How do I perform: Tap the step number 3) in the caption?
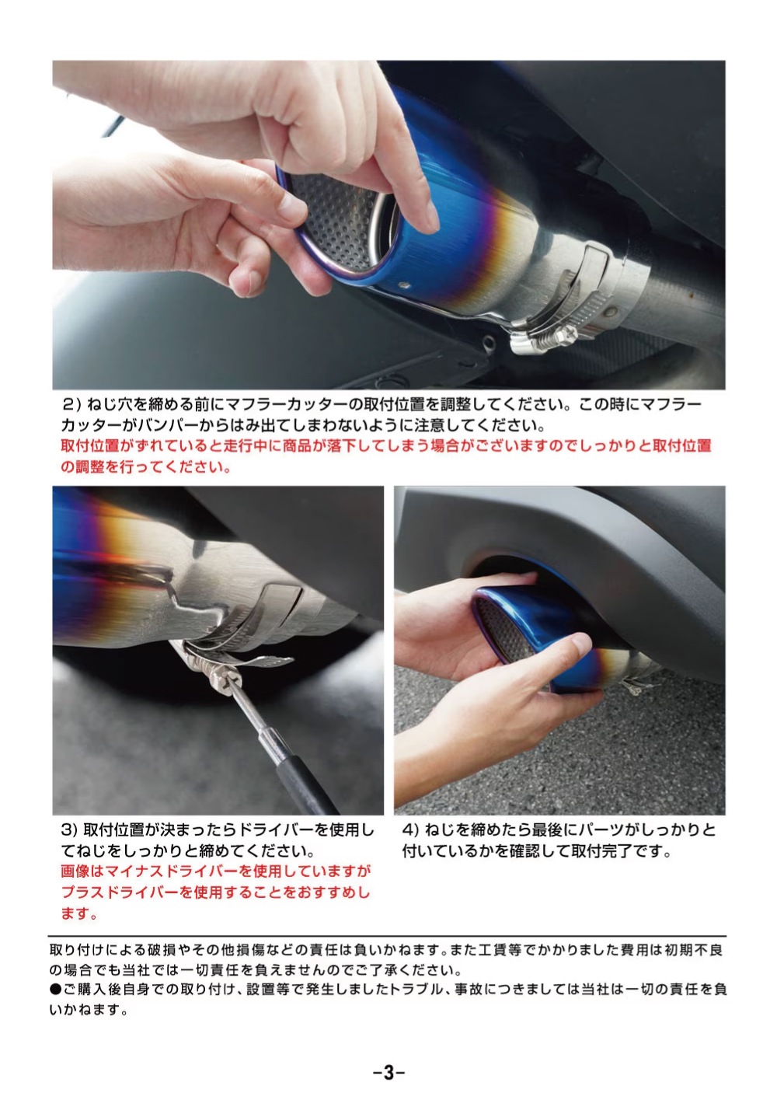point(70,829)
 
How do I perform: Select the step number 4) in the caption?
point(410,829)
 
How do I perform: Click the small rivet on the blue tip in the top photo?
point(405,285)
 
